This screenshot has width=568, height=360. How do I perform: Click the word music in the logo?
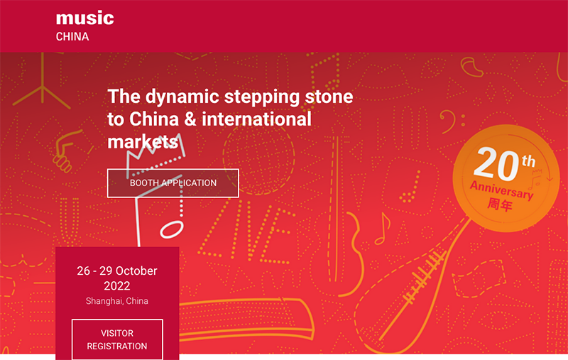pos(85,18)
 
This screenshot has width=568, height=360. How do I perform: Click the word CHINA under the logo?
pos(72,37)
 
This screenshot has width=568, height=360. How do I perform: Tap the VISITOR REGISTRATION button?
pos(117,339)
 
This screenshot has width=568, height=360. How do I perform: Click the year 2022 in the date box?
pos(117,286)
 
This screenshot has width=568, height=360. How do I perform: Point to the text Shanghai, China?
pos(117,301)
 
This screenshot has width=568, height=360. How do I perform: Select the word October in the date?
pos(136,271)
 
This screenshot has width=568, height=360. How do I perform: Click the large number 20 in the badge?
pos(496,165)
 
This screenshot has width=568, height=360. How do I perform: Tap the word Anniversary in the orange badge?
pos(502,190)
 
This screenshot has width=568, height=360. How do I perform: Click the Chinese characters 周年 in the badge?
pos(500,204)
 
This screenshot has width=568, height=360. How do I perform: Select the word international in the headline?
pos(256,119)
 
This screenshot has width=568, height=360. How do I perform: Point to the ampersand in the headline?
pos(190,119)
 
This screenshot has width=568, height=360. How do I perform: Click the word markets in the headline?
pos(143,141)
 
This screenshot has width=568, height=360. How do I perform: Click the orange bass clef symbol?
pos(452,121)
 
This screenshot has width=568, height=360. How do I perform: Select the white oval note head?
pos(172,229)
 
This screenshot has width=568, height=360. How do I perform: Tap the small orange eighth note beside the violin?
pos(383,229)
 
